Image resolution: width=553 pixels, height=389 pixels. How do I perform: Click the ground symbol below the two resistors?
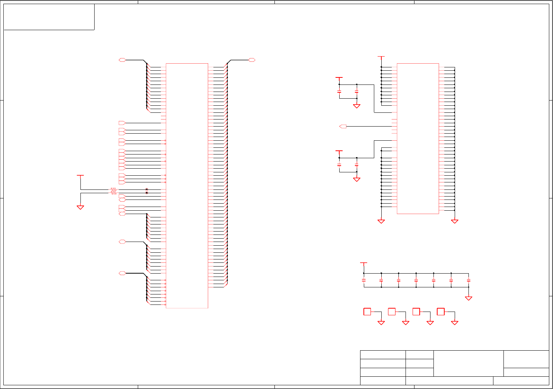(x=80, y=207)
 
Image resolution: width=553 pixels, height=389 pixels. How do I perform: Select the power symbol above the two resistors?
(x=80, y=175)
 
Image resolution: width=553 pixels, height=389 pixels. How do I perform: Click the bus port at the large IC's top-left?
(x=122, y=60)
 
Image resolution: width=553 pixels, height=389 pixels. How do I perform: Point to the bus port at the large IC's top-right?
(x=252, y=60)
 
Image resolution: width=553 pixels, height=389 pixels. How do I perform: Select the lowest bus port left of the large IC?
(x=122, y=273)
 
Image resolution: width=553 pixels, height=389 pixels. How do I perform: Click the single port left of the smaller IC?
(x=343, y=127)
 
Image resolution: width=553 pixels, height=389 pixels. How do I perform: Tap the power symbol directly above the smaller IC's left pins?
(x=381, y=57)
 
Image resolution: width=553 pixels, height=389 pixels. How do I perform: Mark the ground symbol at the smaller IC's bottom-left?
(x=381, y=221)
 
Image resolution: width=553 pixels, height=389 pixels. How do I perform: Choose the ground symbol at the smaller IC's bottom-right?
(x=455, y=221)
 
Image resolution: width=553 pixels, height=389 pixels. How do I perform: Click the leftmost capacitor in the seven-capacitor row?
(x=364, y=280)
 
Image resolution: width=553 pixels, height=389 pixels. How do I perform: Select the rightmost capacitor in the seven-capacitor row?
(x=468, y=280)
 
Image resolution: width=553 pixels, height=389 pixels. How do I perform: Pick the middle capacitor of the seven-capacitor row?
(x=416, y=280)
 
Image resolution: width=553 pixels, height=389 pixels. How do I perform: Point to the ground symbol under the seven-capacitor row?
(x=468, y=298)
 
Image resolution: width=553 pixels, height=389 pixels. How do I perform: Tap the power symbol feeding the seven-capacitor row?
(x=364, y=263)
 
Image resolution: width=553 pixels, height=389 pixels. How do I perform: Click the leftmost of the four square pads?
(x=367, y=312)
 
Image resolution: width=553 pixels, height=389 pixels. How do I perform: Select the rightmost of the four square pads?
(x=441, y=312)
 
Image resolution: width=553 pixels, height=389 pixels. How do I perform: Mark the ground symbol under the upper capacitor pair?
(x=356, y=106)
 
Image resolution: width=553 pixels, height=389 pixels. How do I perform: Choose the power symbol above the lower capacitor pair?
(x=339, y=152)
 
